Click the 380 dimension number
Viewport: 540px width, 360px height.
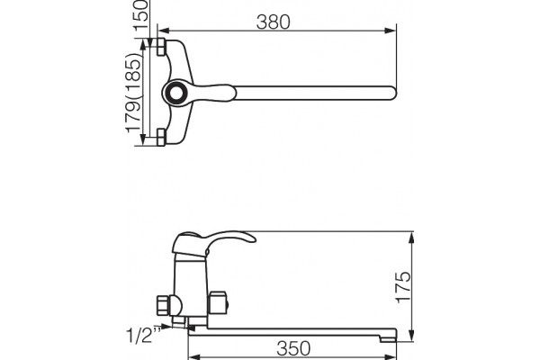point(273,22)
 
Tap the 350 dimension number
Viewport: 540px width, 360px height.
point(293,348)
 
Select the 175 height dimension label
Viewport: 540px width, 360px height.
point(403,287)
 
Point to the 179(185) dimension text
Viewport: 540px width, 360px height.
point(133,93)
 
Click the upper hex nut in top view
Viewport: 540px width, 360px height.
point(161,47)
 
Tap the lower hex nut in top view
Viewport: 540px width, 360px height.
point(161,137)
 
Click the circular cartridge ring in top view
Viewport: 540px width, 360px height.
point(176,93)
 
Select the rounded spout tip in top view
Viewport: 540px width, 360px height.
point(392,94)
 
